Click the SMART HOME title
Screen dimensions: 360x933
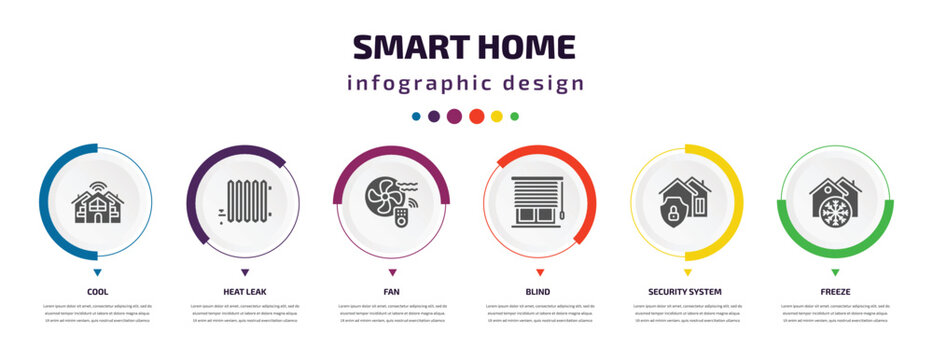tap(465, 46)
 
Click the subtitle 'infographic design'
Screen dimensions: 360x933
tap(465, 83)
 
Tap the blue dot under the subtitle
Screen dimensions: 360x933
tap(416, 116)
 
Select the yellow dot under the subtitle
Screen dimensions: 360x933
tap(497, 116)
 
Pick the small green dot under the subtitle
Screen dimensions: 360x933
tap(515, 116)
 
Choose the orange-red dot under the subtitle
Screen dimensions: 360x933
tap(477, 116)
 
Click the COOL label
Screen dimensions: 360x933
tap(97, 292)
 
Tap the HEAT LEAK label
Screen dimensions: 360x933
tap(245, 292)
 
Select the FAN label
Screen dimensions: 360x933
tap(392, 292)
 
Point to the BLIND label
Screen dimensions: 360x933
tap(540, 292)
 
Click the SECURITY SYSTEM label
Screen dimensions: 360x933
tap(687, 292)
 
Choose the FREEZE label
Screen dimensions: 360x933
tap(835, 292)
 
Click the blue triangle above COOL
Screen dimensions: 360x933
tap(97, 272)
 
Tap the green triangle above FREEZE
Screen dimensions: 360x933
tap(835, 272)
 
